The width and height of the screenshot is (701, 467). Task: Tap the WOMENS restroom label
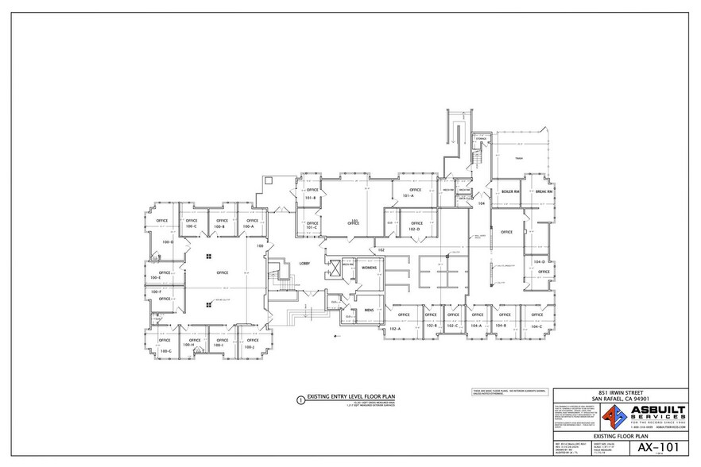(x=369, y=268)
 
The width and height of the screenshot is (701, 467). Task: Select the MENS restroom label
(x=369, y=309)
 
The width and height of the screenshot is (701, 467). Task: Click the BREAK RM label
(x=544, y=192)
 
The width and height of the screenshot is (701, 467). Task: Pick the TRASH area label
(x=518, y=159)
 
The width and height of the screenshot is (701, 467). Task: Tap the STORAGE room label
(x=481, y=139)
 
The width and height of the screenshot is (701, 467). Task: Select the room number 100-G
(x=165, y=350)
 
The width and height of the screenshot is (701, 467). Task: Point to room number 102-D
(x=414, y=230)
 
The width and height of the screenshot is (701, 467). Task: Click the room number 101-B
(x=312, y=198)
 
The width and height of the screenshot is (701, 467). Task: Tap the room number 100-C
(x=191, y=226)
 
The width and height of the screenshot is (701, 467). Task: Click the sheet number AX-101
(x=653, y=447)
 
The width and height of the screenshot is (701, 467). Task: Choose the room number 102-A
(x=394, y=328)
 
